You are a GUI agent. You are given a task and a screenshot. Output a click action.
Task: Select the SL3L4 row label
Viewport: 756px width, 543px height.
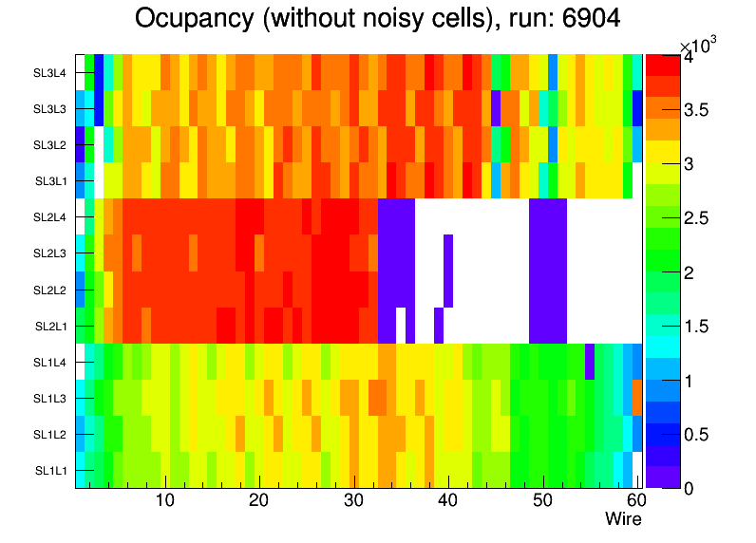pyautogui.click(x=50, y=72)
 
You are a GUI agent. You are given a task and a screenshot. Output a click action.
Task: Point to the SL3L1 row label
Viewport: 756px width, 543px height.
pyautogui.click(x=50, y=181)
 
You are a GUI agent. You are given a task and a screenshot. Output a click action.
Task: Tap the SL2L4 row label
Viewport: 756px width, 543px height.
pyautogui.click(x=50, y=217)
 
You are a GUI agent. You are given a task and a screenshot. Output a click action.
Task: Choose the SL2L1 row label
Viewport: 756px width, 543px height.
pyautogui.click(x=50, y=327)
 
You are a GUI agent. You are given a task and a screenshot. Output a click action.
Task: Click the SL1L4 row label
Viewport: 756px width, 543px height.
pyautogui.click(x=50, y=363)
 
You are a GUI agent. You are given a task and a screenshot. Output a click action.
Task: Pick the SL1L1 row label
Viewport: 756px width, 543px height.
pyautogui.click(x=50, y=471)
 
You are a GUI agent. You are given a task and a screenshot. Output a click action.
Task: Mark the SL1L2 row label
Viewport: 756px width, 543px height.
pyautogui.click(x=50, y=435)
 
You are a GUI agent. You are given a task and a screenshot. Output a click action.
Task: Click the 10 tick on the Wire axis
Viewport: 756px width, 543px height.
pyautogui.click(x=165, y=501)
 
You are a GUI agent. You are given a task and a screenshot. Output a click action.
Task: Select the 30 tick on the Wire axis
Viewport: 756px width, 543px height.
pyautogui.click(x=353, y=501)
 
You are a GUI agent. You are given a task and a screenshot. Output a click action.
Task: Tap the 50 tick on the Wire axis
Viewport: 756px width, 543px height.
pyautogui.click(x=542, y=501)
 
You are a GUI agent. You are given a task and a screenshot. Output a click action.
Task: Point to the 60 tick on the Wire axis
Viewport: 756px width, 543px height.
pyautogui.click(x=634, y=501)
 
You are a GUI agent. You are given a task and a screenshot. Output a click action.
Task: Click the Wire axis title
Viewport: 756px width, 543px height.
pyautogui.click(x=624, y=519)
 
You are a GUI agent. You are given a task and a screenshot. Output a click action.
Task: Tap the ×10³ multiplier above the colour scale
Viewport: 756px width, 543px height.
pyautogui.click(x=702, y=46)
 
